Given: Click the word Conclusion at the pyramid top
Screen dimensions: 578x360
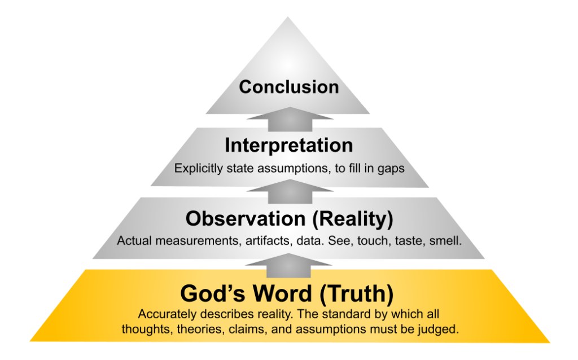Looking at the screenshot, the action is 289,87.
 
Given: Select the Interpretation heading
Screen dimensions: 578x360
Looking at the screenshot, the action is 289,145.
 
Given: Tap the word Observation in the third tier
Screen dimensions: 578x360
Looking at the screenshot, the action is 246,218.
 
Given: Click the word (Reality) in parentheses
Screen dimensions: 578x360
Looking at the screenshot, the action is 353,219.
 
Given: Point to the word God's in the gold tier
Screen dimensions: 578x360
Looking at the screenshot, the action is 213,293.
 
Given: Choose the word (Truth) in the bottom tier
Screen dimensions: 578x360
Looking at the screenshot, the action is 357,294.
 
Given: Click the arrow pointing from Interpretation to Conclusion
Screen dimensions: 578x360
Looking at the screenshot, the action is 290,120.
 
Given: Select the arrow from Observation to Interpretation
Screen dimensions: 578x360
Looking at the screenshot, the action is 290,192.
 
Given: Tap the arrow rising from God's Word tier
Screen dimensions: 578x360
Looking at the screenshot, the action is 288,266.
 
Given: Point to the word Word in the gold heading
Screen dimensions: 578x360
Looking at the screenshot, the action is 282,293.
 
